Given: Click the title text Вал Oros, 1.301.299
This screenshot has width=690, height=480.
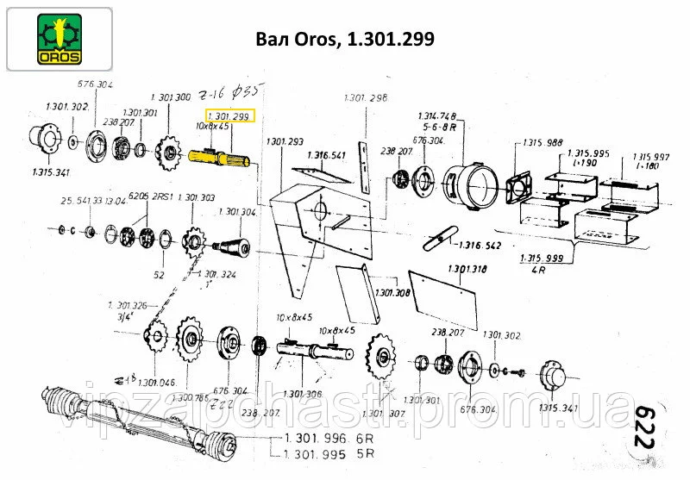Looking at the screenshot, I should (x=344, y=40).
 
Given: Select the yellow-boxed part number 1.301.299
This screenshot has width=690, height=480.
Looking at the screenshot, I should (x=228, y=115).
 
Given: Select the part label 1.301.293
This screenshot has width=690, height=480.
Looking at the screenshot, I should (x=285, y=140).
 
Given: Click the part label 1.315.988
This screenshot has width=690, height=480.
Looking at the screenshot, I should (x=543, y=144).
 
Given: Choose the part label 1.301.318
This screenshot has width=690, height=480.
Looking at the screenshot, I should (x=467, y=269).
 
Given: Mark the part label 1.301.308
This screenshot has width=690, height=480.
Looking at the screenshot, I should (x=392, y=293).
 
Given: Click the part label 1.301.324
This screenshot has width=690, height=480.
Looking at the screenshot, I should (x=216, y=274).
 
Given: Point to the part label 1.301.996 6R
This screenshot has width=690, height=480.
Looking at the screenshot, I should (x=330, y=438).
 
